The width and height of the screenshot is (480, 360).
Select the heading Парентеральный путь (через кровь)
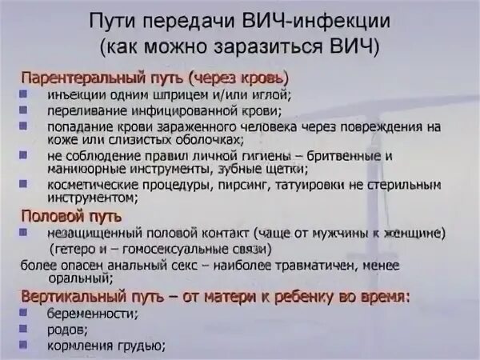[154, 78]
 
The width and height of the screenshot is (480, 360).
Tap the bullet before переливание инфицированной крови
[26, 110]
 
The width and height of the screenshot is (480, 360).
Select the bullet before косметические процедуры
[26, 184]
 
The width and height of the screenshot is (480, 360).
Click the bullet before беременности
[26, 314]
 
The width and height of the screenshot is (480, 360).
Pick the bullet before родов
[26, 329]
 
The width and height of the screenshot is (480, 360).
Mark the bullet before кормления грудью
[26, 345]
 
